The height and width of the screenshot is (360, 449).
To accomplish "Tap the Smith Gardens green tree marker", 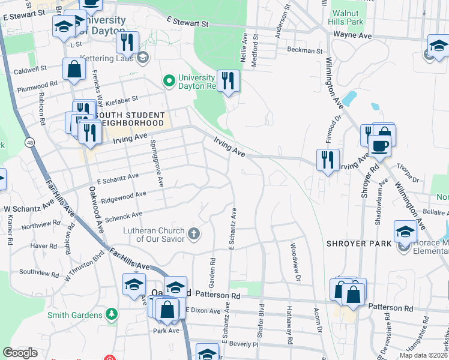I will [110, 314].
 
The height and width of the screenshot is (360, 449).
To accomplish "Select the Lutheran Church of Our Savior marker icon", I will [193, 233].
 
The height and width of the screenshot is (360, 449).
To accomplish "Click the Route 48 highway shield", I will [29, 142].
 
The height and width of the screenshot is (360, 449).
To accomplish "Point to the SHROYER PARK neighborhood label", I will [359, 244].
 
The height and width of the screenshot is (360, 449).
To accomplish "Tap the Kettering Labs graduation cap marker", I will [143, 58].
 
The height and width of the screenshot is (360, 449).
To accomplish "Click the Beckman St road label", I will [304, 50].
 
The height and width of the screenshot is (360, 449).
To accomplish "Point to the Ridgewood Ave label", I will [124, 196].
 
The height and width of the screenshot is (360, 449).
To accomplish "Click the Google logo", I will [20, 353].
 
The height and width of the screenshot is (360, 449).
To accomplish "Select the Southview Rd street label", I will [38, 271].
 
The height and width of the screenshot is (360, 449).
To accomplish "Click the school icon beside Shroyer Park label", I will [405, 232].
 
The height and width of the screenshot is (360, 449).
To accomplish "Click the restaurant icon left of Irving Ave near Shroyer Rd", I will [327, 160].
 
